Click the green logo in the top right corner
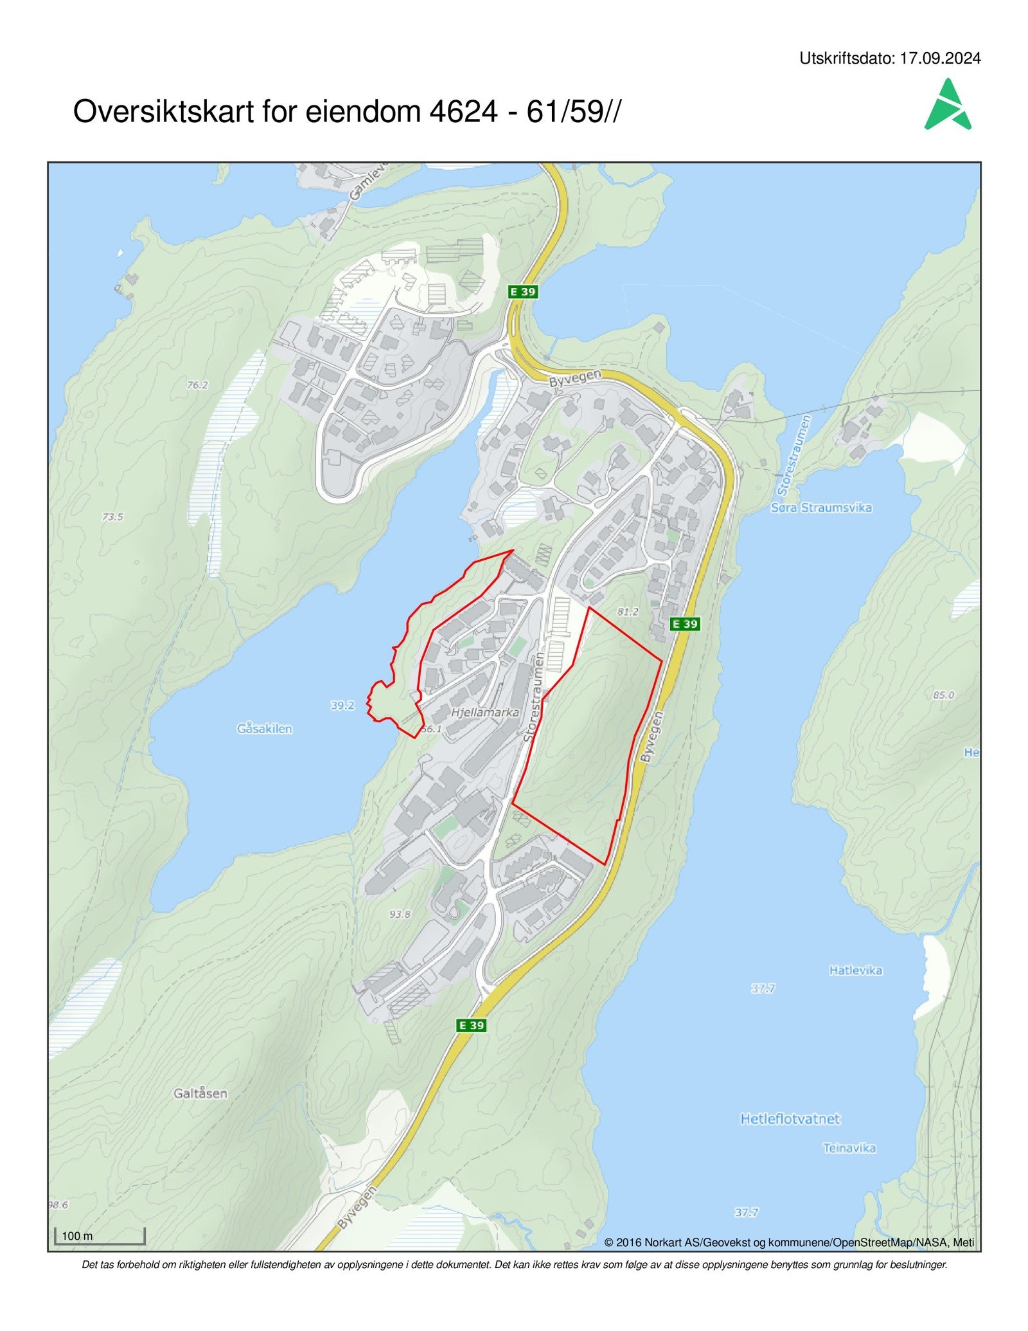tap(948, 105)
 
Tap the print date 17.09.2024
tap(940, 58)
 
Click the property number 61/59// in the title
tap(574, 112)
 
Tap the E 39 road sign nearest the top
tap(522, 292)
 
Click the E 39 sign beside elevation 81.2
tap(684, 623)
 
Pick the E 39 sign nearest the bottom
tap(471, 1025)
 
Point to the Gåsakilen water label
tap(265, 729)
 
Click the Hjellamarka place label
tap(484, 712)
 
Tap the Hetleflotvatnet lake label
tap(790, 1119)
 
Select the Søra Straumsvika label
tap(821, 508)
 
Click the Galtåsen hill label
tap(200, 1093)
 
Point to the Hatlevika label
tap(855, 970)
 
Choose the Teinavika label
tap(849, 1148)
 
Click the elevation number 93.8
tap(400, 914)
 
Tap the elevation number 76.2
tap(197, 385)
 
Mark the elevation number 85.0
tap(943, 695)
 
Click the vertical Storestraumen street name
tap(534, 697)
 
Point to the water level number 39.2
tap(342, 706)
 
